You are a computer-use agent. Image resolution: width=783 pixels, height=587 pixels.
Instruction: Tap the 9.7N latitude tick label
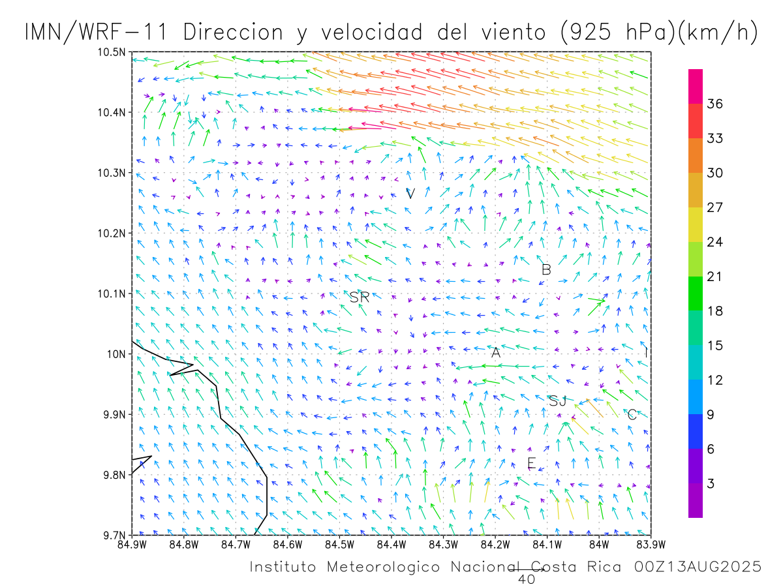114,535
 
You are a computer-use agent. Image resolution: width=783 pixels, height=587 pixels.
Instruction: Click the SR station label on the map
360,298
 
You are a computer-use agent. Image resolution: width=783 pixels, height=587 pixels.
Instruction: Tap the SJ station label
557,401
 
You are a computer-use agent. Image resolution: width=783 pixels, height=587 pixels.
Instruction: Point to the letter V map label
410,194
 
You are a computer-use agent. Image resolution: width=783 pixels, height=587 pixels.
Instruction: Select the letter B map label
546,269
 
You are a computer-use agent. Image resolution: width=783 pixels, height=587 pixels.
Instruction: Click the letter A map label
496,353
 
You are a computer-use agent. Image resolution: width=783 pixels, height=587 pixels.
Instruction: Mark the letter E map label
531,464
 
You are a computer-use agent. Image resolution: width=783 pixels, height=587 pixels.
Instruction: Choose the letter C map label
632,415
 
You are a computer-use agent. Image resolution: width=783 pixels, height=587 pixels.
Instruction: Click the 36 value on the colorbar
714,104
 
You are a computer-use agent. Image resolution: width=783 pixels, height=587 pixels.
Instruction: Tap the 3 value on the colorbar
710,483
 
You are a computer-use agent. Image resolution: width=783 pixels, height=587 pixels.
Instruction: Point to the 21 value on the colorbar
714,277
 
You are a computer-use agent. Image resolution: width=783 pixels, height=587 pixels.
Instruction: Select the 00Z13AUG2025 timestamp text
698,567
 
